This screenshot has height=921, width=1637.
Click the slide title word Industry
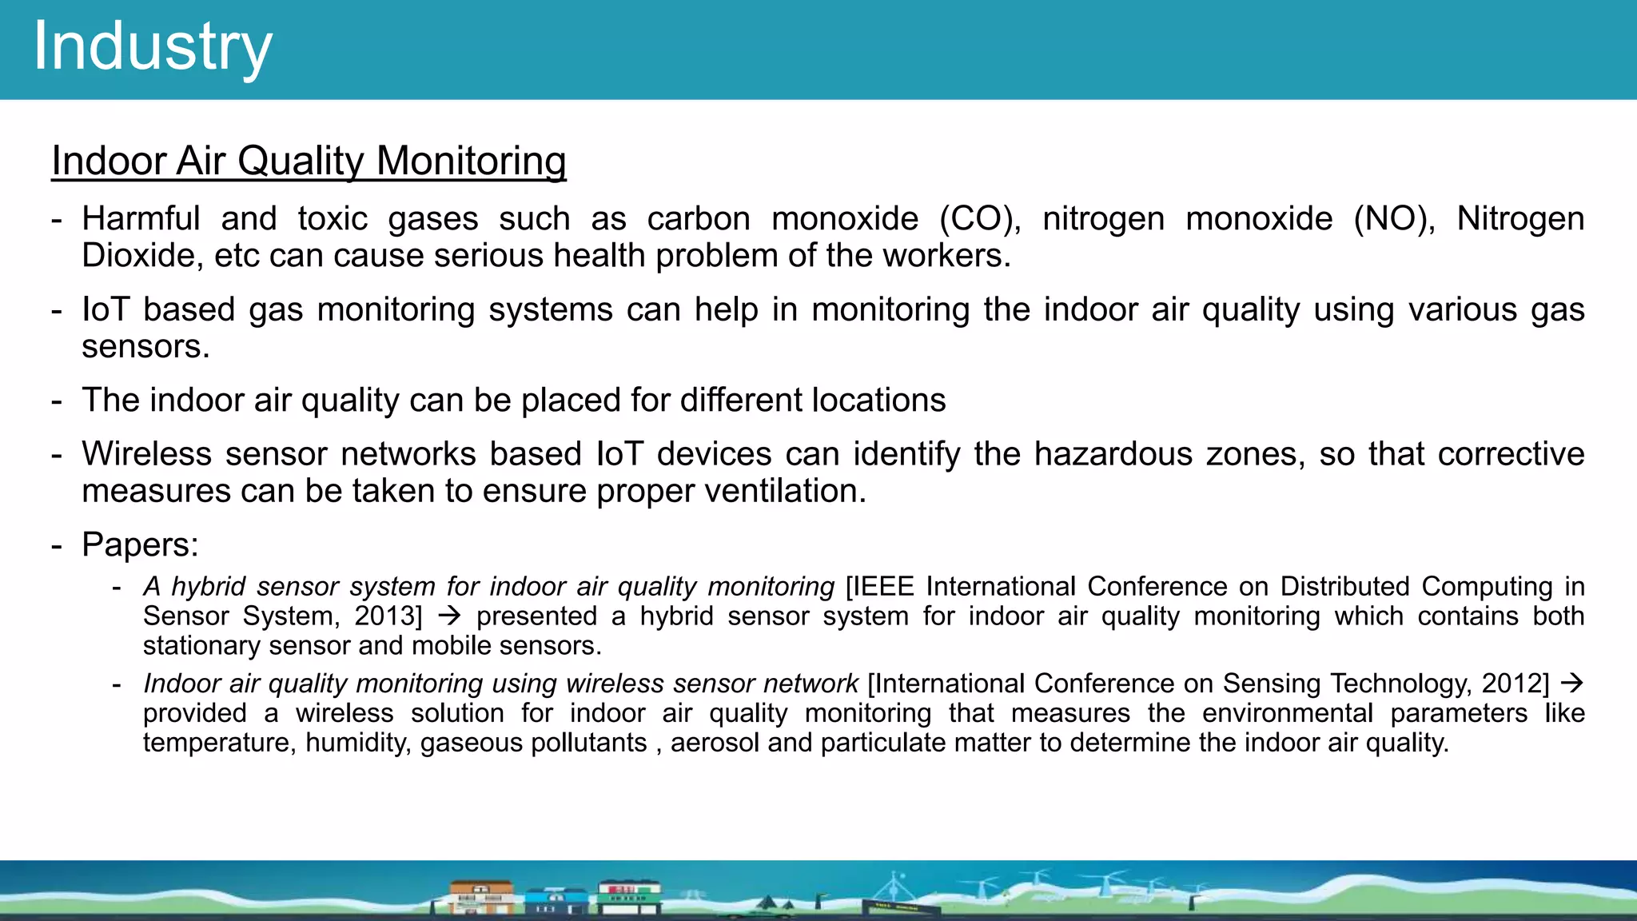[153, 46]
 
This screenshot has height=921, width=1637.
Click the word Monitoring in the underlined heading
[471, 161]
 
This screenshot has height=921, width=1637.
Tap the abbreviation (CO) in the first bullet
[980, 219]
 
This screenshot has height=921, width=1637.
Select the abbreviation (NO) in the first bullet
[1394, 219]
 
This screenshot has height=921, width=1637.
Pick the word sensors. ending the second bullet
[145, 347]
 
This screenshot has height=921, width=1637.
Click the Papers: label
[140, 545]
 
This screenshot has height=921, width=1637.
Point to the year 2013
[387, 616]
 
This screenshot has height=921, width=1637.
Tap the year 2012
[1515, 684]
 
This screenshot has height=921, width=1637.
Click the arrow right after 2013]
[450, 616]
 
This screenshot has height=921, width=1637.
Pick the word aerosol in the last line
[715, 743]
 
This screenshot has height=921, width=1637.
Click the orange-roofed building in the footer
[480, 897]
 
